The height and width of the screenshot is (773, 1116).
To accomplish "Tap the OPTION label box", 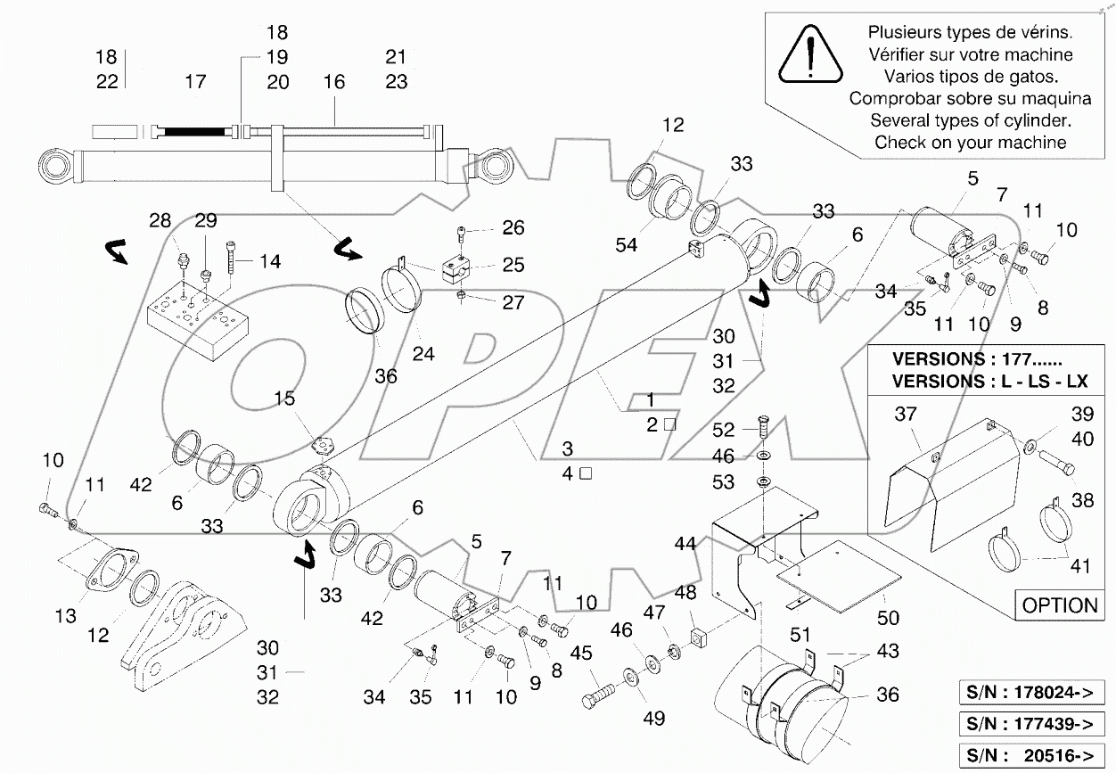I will (x=1059, y=605).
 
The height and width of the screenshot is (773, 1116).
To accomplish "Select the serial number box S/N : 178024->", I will (x=1035, y=692).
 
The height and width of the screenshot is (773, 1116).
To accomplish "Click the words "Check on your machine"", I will (x=970, y=142).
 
